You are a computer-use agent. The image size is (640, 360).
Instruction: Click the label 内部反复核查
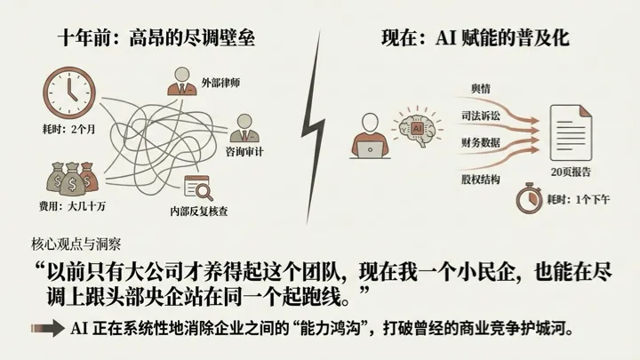coord(200,212)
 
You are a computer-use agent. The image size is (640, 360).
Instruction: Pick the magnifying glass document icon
coord(198,188)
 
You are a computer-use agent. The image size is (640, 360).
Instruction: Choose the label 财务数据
coord(481,142)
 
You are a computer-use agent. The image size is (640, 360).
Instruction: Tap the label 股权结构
coord(481,179)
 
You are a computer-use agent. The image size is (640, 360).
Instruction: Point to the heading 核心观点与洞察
coord(78,243)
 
